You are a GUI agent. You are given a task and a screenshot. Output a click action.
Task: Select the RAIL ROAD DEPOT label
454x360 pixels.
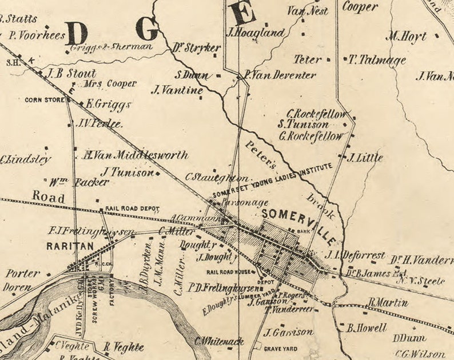pos(132,209)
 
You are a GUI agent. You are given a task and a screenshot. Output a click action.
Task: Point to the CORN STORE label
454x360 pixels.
pos(43,99)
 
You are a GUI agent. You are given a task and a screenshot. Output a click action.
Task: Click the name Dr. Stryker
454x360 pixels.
pos(196,48)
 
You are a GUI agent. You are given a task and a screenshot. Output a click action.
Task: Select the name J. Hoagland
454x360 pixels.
pos(256,33)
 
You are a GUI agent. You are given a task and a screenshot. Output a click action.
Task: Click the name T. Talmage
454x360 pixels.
pos(377,59)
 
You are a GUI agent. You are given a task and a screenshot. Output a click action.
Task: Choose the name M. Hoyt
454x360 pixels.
pos(407,37)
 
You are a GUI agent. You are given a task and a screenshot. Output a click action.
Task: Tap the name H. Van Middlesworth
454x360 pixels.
pos(135,155)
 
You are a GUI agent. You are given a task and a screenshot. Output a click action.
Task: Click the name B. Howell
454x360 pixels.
pos(367,328)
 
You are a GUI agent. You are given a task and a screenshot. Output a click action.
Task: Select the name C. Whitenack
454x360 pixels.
pos(219,341)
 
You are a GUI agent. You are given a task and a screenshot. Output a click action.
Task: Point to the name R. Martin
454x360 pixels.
pos(389,303)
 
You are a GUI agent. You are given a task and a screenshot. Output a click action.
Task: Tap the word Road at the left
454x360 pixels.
pos(49,195)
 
